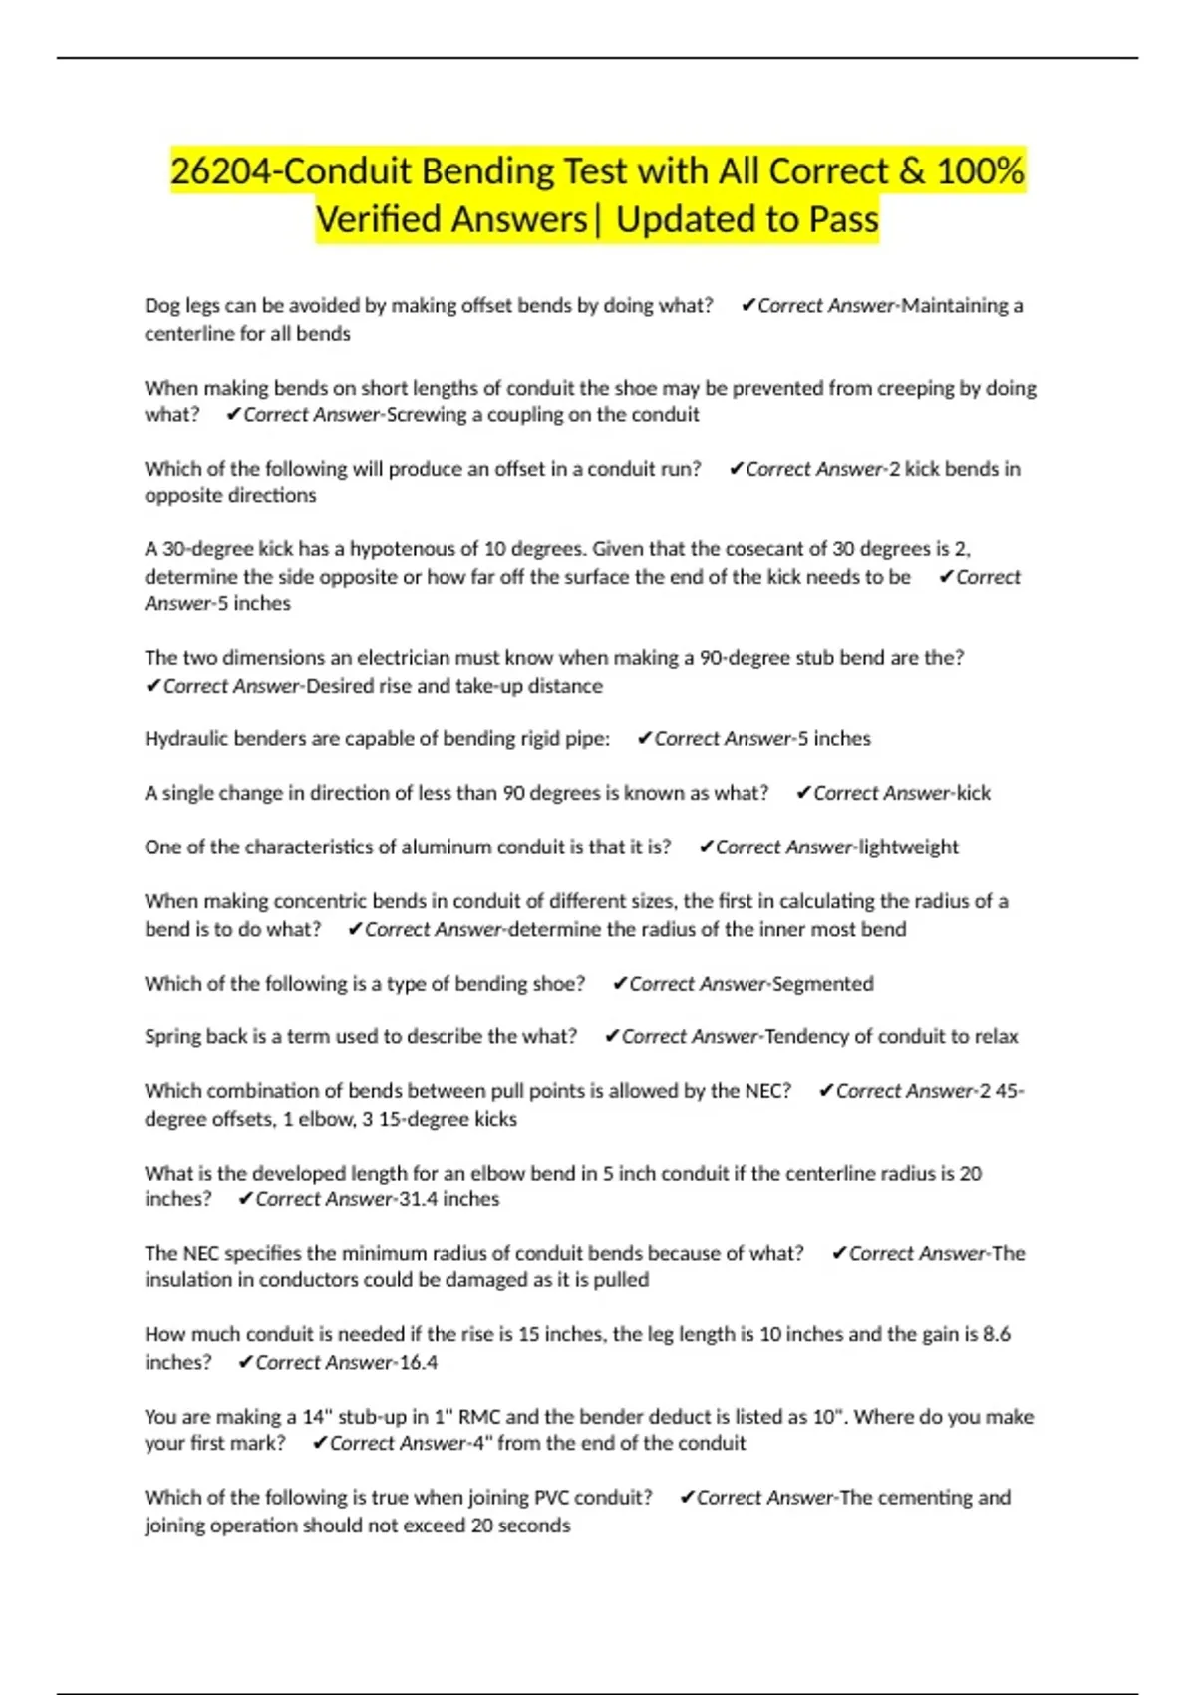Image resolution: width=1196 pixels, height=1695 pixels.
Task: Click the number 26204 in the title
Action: pos(220,171)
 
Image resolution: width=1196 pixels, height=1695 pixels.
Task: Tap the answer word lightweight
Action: pos(909,847)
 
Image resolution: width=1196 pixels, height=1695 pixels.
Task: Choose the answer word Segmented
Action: pos(823,984)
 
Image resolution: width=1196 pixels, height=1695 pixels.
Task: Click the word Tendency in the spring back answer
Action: pos(805,1037)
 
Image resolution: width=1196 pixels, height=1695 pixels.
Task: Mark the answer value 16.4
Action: pos(418,1363)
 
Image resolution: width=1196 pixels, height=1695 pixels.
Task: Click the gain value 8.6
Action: pos(997,1334)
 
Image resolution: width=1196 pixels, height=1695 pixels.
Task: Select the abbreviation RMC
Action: pos(479,1417)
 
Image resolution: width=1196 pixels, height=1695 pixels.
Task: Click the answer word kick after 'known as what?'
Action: pos(973,794)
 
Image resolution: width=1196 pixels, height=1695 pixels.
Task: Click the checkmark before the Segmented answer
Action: pos(619,984)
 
